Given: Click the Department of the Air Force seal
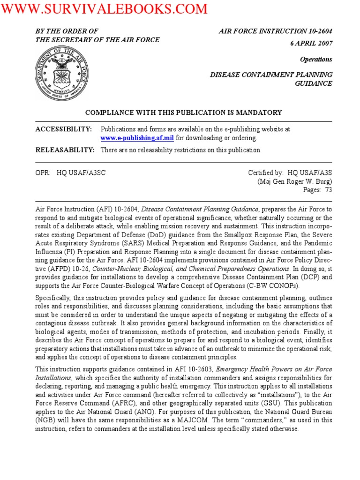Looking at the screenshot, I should point(61,74).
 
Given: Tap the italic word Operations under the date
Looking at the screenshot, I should point(316,60).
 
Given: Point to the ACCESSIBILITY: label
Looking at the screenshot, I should point(64,128).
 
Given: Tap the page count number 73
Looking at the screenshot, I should point(328,190).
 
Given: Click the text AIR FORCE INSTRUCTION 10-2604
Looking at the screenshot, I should point(276,31).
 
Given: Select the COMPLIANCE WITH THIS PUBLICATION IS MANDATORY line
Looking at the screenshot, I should point(183,112).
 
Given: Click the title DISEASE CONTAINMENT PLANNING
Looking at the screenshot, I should point(271,75).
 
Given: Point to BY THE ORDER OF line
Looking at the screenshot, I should point(67,31).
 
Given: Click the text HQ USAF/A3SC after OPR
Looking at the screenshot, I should point(81,172).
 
